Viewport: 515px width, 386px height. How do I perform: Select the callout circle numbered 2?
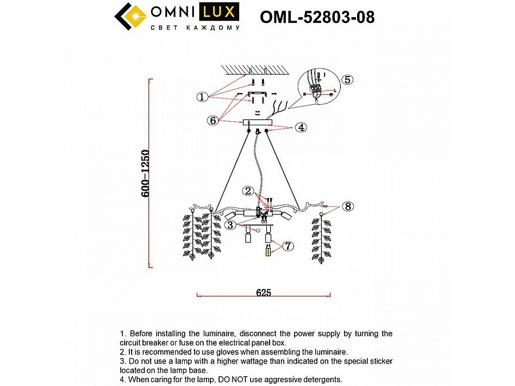248,191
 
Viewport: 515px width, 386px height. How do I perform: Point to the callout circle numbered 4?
301,128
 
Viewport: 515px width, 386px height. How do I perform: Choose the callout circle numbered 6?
213,121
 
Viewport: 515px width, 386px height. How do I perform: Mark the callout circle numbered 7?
287,246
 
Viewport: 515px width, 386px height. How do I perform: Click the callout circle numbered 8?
348,206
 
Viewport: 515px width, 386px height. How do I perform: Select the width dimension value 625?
263,293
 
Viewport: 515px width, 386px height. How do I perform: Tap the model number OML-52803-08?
317,17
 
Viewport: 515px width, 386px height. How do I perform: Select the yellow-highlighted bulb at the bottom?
267,251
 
